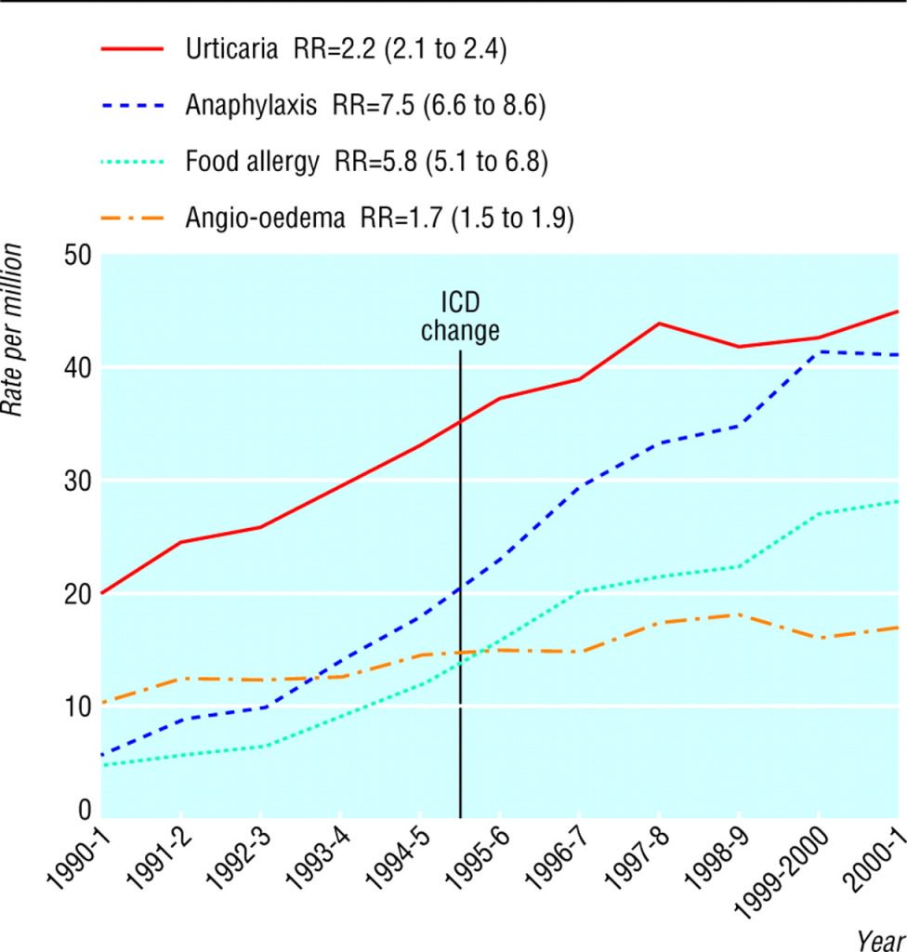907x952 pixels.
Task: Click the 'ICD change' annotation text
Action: pos(460,316)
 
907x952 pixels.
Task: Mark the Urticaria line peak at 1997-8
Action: pos(658,323)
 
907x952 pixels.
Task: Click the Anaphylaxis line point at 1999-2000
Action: pos(819,351)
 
